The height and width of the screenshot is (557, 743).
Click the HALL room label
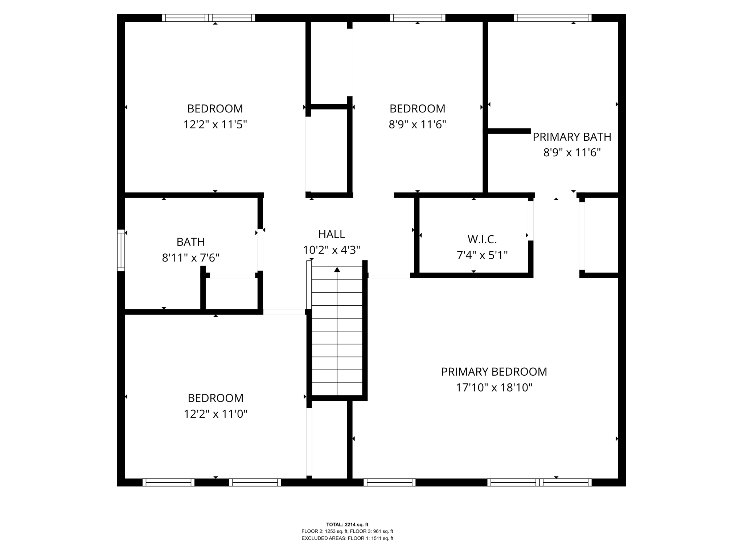pos(332,234)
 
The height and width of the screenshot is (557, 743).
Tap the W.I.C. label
pos(482,239)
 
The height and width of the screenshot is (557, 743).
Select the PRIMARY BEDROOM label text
pos(494,372)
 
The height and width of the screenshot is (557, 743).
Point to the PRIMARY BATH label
pos(572,137)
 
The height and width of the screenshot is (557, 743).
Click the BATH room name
pos(191,242)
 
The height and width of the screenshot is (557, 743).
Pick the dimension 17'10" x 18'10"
pos(494,388)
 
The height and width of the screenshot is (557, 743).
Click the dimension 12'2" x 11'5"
pos(215,125)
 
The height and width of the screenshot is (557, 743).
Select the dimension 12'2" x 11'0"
pos(215,414)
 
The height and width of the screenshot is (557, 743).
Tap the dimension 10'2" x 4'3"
pos(332,250)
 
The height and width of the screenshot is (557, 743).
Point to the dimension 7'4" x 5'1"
pos(482,255)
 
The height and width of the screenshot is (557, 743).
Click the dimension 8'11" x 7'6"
pos(191,258)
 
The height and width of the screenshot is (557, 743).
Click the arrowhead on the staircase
pos(337,269)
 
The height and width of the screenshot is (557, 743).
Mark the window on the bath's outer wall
pos(121,250)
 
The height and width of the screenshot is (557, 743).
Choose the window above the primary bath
pos(553,18)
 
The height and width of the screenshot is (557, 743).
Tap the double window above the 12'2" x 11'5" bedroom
pos(209,18)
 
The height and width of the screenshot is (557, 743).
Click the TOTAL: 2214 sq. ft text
pos(347,524)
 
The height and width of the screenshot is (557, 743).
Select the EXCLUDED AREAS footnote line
pos(347,538)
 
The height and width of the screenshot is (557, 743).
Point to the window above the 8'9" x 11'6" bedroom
pos(418,18)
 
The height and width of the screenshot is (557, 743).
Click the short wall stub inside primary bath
pos(509,131)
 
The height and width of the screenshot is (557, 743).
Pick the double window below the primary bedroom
pos(539,482)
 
